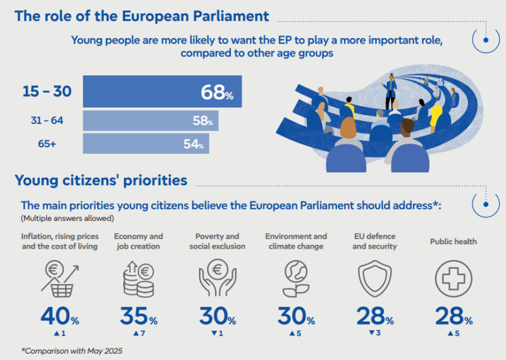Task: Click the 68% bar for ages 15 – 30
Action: tap(162, 92)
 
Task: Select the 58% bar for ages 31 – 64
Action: tap(151, 120)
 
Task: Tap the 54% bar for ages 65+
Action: tap(145, 144)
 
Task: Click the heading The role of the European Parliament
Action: tap(142, 16)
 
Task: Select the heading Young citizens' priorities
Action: tap(101, 180)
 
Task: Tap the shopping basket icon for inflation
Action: tap(59, 278)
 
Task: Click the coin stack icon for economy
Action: tap(138, 278)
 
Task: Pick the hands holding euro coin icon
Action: tap(217, 278)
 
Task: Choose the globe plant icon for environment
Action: tap(295, 278)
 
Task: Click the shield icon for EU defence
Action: tap(374, 278)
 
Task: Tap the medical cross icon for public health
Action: tap(453, 278)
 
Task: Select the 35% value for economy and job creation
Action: tap(138, 316)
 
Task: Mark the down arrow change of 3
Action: tap(374, 333)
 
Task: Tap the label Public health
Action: tap(453, 241)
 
